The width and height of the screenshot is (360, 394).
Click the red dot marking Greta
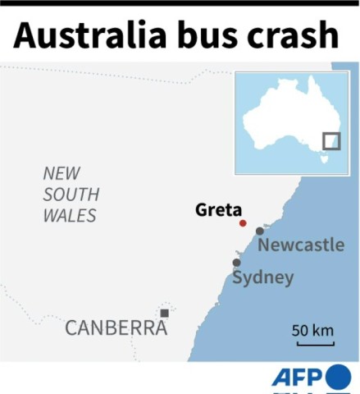click(x=243, y=223)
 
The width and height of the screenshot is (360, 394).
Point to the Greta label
click(x=218, y=209)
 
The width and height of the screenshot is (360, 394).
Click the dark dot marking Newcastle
click(x=260, y=231)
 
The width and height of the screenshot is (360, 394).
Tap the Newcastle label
click(x=301, y=245)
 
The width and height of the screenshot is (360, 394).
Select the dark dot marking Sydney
click(x=237, y=263)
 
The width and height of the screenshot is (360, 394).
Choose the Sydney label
click(x=262, y=277)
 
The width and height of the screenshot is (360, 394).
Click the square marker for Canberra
click(x=165, y=313)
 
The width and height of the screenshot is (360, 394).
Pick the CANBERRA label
click(x=116, y=328)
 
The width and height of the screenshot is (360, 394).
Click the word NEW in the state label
click(x=62, y=173)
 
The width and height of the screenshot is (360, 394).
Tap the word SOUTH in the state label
click(x=71, y=195)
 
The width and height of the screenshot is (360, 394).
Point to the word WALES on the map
click(x=70, y=216)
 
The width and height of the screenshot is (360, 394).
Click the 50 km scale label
click(x=312, y=331)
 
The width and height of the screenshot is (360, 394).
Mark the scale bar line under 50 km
click(x=312, y=343)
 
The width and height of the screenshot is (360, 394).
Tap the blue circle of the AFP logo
click(x=338, y=377)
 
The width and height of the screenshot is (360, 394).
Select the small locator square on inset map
click(x=331, y=141)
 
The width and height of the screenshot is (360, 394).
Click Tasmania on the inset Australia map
click(x=322, y=160)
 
